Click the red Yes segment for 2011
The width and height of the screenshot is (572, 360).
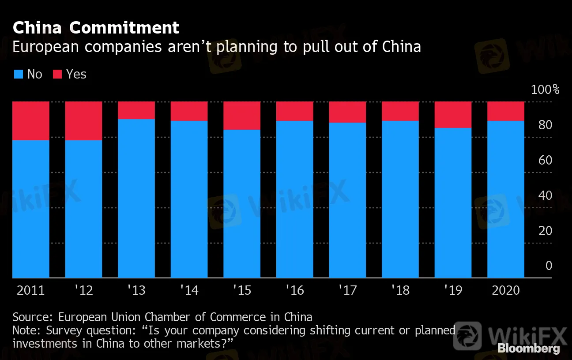point(31,121)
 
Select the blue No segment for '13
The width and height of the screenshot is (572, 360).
point(136,199)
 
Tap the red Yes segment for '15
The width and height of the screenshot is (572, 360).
point(242,116)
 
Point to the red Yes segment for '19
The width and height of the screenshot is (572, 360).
point(453,115)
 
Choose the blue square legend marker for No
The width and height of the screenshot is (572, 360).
point(18,74)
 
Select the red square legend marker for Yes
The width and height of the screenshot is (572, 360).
point(57,74)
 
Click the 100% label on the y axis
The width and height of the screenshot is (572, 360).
point(545,90)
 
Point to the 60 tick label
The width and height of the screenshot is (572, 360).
point(546,160)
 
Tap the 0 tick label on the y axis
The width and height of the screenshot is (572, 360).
point(549,266)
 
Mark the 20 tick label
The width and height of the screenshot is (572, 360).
point(546,231)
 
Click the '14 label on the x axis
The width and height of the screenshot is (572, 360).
point(189,290)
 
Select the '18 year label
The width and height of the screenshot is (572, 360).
point(400,290)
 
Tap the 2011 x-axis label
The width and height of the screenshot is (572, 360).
point(31,290)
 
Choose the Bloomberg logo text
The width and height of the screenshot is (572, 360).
point(529,349)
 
